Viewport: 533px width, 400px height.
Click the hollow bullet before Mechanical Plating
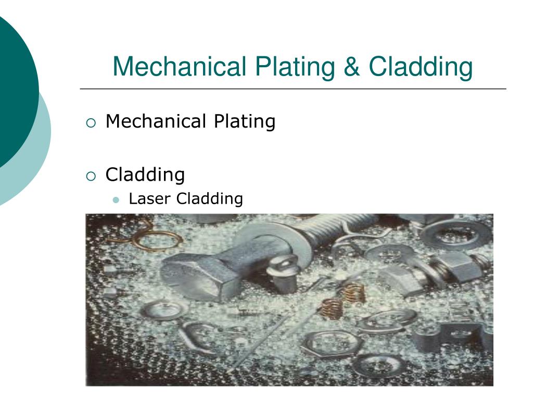(x=91, y=123)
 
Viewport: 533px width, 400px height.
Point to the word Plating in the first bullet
(x=244, y=122)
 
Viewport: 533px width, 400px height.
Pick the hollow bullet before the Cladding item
(x=91, y=176)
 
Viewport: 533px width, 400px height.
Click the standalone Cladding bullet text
(x=145, y=174)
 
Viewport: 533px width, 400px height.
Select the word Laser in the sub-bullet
(x=150, y=199)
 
